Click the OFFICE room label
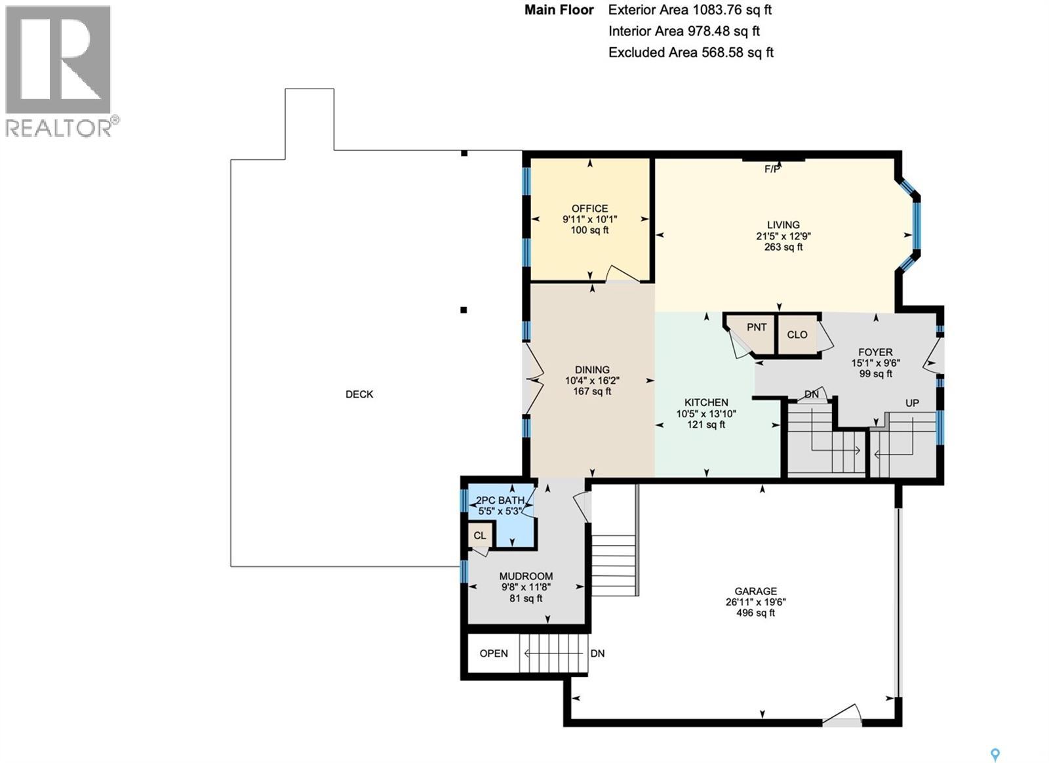tap(589, 209)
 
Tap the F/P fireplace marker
tap(772, 169)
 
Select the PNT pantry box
tap(757, 327)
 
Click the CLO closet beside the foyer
tap(797, 335)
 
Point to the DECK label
tap(359, 394)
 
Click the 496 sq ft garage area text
tap(755, 613)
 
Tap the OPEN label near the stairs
tap(494, 653)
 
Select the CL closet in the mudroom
tap(480, 535)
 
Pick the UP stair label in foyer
tap(912, 403)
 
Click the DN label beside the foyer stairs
tap(812, 394)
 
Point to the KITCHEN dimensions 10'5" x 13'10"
tap(706, 413)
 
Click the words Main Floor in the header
tap(559, 10)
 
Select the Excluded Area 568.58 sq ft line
tap(690, 52)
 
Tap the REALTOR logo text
tap(59, 128)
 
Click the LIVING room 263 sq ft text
tap(783, 247)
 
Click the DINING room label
tap(592, 369)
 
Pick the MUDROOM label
tap(526, 576)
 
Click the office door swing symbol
tap(622, 274)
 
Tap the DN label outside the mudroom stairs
tap(597, 653)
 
